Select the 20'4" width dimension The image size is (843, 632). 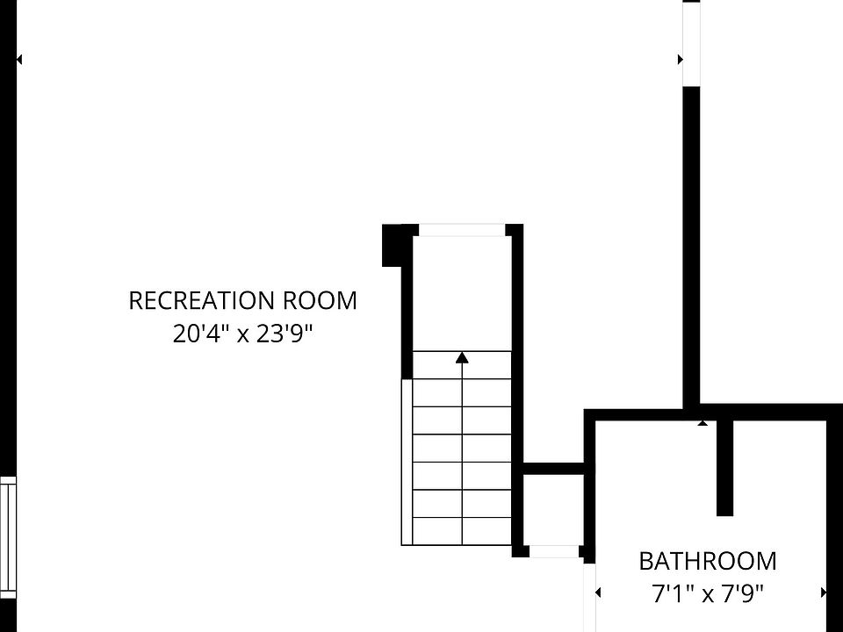201,334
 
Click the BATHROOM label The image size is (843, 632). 707,561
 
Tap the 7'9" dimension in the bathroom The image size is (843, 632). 742,593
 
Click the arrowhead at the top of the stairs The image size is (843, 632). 462,357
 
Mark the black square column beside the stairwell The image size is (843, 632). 392,245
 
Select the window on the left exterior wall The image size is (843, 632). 8,537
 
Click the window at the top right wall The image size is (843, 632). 692,44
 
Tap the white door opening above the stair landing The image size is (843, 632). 462,231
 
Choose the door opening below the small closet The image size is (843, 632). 554,551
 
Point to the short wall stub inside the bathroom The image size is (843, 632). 724,467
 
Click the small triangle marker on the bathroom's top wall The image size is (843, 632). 702,423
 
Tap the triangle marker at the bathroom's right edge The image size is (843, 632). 824,593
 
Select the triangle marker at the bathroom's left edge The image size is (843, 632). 598,593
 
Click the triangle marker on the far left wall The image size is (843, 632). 19,60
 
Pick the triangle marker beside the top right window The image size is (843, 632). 680,60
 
